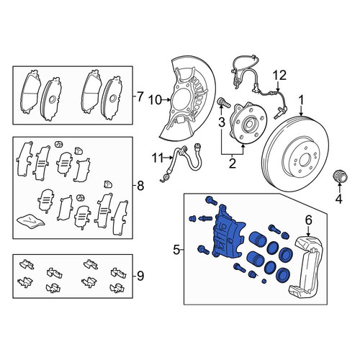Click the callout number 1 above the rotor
tap(301, 100)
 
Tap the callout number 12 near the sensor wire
tap(280, 75)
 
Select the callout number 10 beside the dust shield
tap(156, 100)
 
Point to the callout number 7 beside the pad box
tap(140, 97)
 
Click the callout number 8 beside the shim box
tap(140, 185)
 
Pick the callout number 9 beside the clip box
tap(140, 276)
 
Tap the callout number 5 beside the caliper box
tap(176, 251)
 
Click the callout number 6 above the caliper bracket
tap(308, 220)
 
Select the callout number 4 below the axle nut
tap(338, 199)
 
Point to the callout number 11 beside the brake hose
tap(158, 158)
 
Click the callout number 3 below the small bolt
tap(222, 122)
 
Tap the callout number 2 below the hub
tap(232, 163)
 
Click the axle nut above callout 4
tap(340, 177)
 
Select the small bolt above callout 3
tap(223, 102)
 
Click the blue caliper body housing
tap(228, 233)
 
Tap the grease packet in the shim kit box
tap(31, 220)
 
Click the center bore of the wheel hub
tap(248, 123)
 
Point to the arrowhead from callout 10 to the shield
tap(169, 100)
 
